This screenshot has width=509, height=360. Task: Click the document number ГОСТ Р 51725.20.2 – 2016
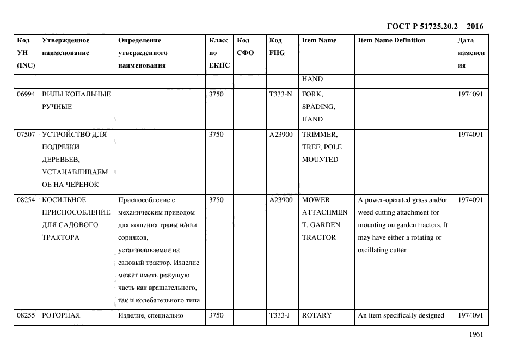(x=434, y=26)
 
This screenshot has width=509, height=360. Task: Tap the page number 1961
(x=475, y=335)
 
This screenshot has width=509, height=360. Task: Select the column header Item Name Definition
(x=391, y=40)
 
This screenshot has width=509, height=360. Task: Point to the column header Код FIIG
(x=277, y=46)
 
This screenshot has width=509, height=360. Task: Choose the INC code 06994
(x=26, y=94)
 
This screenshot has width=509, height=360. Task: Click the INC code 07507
(x=26, y=134)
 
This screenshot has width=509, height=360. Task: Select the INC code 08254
(x=26, y=200)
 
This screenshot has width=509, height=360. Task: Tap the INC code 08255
(x=26, y=315)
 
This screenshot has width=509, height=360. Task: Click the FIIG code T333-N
(x=280, y=94)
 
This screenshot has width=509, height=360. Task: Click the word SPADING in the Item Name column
(x=318, y=107)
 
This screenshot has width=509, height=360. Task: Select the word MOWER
(x=316, y=200)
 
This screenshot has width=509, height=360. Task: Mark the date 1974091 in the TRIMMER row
(x=470, y=134)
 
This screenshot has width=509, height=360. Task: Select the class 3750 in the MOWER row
(x=216, y=200)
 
